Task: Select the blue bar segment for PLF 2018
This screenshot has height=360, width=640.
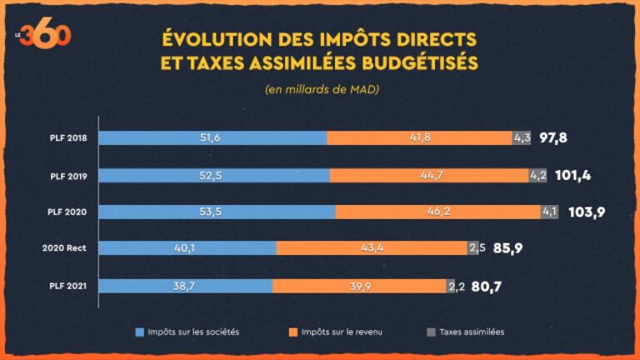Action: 212,138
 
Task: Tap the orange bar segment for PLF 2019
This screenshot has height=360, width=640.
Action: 429,175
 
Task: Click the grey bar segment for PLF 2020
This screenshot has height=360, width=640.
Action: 550,212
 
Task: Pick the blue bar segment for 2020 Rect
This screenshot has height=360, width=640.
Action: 187,248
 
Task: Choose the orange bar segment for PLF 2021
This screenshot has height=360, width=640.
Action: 359,286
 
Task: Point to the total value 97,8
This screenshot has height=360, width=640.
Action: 553,138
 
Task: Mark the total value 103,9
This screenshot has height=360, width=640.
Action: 587,212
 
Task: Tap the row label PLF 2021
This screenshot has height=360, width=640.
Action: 67,287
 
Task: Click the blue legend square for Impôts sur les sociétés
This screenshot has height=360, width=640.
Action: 140,332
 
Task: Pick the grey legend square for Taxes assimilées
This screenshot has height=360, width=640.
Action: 432,332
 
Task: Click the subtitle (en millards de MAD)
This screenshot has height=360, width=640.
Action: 322,89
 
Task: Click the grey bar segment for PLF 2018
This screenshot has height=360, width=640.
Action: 522,138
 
